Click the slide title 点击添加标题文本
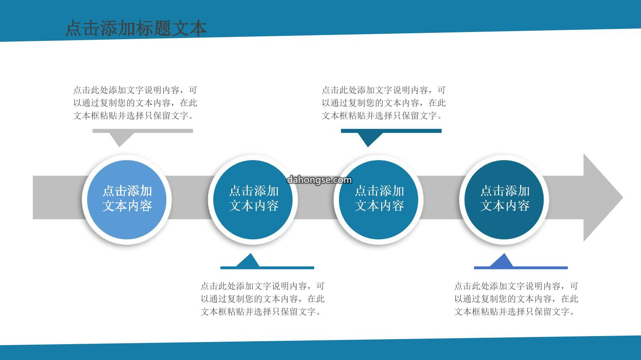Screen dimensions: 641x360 point(136,28)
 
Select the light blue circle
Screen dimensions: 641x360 point(127,199)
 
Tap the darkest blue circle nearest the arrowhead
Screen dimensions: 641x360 point(504,199)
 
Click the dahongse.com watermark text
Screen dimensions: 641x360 point(319,180)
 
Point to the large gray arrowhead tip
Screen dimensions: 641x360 point(623,197)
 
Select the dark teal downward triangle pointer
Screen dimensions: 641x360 point(368,140)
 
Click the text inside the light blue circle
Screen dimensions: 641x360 point(127,198)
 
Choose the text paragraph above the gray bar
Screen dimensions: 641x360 point(135,103)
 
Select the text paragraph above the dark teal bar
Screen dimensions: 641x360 point(384,103)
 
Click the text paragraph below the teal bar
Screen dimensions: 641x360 point(262,299)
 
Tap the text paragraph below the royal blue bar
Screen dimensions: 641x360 point(516,299)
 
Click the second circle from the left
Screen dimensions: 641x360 point(253,199)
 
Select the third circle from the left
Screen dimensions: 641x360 point(378,199)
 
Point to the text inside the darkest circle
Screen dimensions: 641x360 point(505,198)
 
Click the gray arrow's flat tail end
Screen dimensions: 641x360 point(33,198)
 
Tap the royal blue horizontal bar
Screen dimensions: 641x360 point(521,268)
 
